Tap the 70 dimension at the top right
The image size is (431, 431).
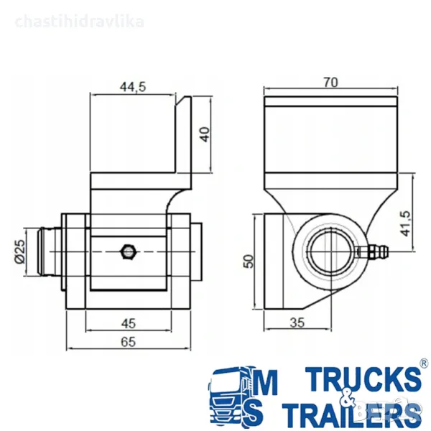(x=330, y=82)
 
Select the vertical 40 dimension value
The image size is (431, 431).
(x=205, y=134)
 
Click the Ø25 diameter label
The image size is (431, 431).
(x=20, y=251)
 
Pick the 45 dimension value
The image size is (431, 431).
(x=129, y=323)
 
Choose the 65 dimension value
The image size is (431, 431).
(x=129, y=342)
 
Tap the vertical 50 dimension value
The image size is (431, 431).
(x=249, y=261)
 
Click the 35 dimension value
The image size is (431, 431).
(x=297, y=323)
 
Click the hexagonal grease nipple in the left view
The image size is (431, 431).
(x=128, y=251)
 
